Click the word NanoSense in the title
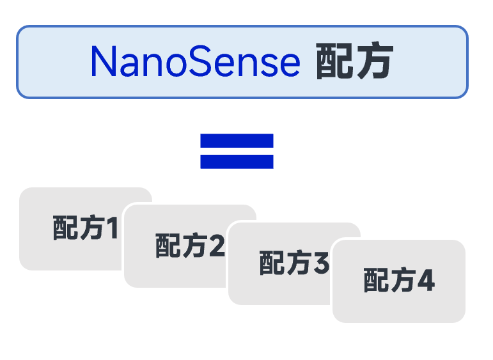195,62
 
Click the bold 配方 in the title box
354,63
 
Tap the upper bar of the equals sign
237,140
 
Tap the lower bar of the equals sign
237,161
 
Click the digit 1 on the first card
112,228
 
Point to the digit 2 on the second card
217,246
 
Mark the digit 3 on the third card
321,263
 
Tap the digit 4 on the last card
425,281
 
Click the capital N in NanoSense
104,62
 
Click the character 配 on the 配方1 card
65,228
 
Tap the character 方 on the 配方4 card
402,281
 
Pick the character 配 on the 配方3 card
272,263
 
